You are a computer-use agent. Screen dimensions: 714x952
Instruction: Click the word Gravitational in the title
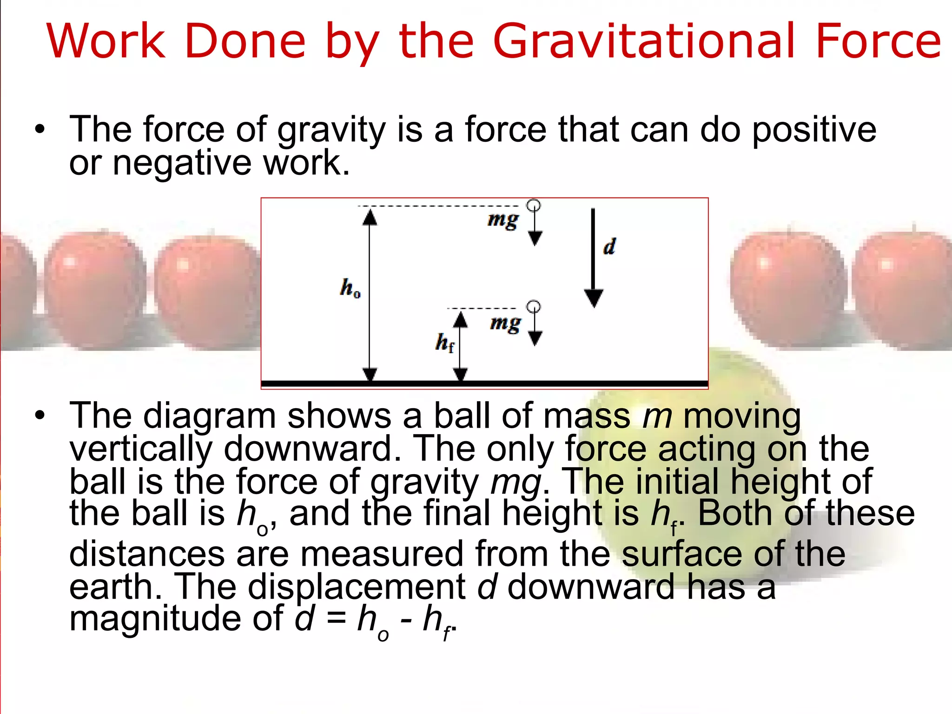coord(643,42)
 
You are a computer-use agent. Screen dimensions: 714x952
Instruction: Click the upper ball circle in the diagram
coord(534,205)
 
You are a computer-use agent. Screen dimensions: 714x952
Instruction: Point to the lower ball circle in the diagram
coord(534,306)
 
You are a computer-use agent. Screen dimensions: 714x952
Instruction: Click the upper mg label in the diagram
coord(503,219)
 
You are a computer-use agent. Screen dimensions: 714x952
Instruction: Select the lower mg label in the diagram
coord(505,323)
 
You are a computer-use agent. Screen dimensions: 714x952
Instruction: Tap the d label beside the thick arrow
coord(609,246)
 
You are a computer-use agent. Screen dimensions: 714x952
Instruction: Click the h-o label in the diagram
coord(350,288)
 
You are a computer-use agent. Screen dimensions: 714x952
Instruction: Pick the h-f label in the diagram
coord(444,343)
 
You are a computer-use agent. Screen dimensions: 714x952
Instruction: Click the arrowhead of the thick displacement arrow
coord(594,297)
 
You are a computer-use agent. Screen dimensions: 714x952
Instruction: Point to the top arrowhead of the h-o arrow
coord(370,217)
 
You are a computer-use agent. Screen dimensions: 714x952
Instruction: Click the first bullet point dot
coord(40,130)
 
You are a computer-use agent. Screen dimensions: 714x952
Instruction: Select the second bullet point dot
coord(40,415)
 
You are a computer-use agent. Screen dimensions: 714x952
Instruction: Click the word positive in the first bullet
coord(814,130)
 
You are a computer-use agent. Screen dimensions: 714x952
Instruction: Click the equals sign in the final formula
coord(336,620)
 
